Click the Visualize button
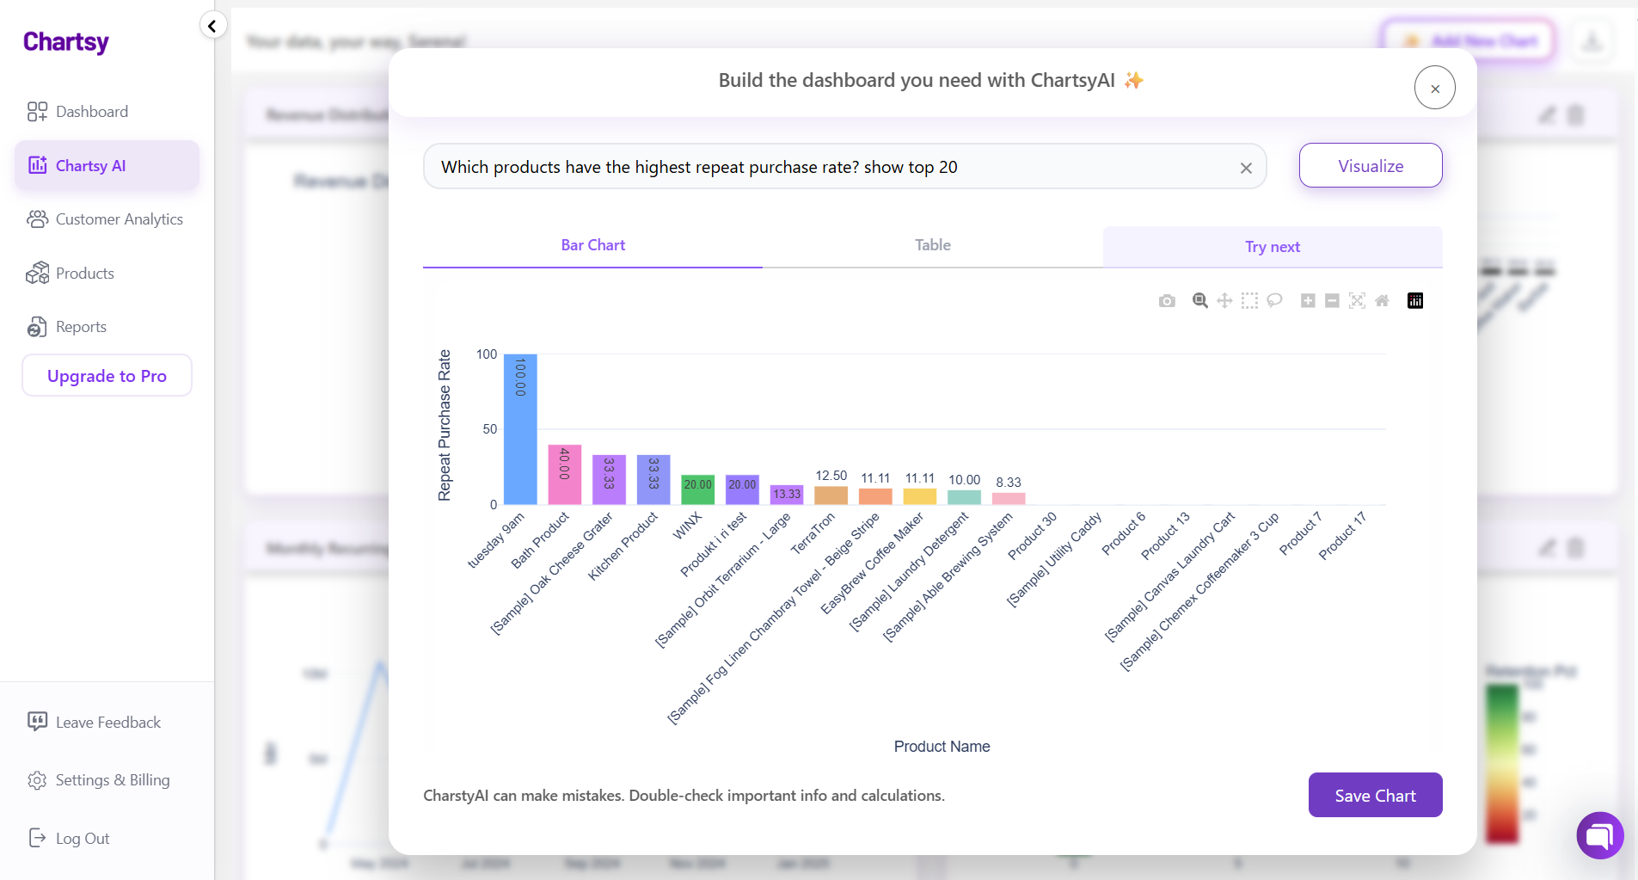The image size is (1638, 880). (1370, 166)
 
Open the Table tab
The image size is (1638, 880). (932, 245)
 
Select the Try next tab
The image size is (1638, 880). (1272, 247)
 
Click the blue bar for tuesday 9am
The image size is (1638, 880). (520, 430)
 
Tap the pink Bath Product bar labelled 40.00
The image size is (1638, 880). (565, 474)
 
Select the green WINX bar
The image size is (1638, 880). (697, 489)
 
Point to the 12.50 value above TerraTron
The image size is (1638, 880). (831, 476)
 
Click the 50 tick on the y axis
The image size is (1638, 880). (489, 429)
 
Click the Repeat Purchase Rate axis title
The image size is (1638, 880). (445, 425)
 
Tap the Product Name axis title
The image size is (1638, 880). (942, 747)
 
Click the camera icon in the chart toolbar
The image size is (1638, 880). (1167, 301)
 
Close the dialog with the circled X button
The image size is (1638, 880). (1434, 88)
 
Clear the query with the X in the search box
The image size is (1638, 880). (1246, 169)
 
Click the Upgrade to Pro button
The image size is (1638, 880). (107, 376)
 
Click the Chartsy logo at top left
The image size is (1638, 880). (66, 42)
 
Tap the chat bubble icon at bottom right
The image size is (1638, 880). (1599, 835)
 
